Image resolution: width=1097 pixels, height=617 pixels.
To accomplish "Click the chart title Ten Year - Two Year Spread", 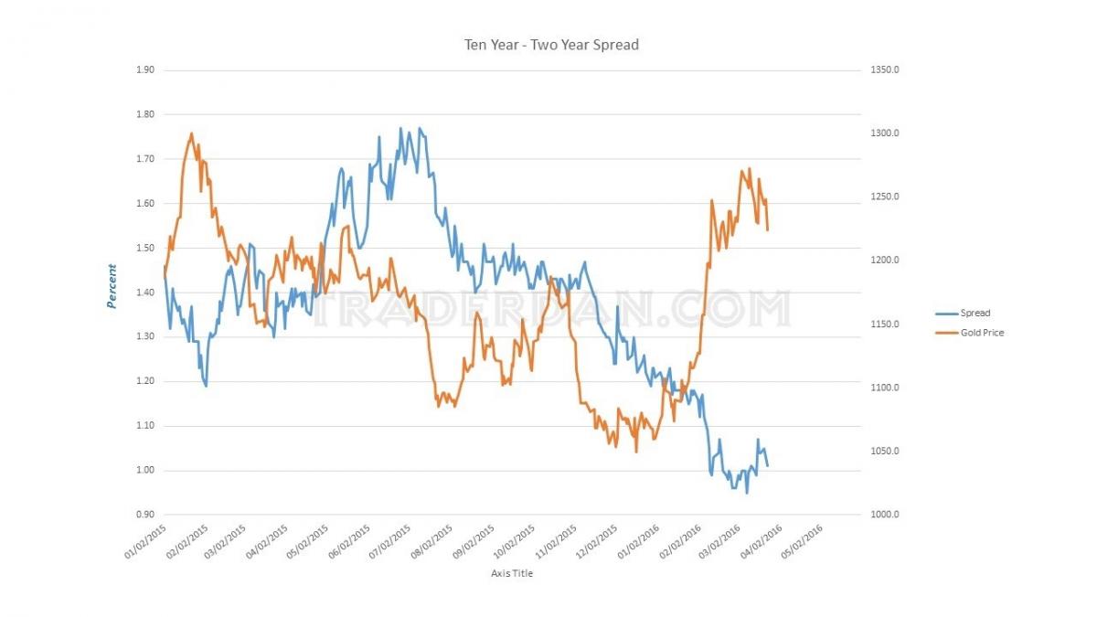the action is point(551,45).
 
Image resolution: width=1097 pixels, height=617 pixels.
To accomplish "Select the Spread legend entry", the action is point(963,313).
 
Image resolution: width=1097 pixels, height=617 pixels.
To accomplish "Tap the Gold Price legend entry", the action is point(970,333).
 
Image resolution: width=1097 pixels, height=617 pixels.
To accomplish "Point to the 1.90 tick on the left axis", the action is point(145,69).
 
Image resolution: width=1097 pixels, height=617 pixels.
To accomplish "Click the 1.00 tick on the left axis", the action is point(145,470).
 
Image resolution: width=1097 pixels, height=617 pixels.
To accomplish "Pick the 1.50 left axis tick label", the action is point(145,248).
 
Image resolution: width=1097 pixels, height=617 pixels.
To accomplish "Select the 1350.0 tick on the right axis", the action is point(885,69).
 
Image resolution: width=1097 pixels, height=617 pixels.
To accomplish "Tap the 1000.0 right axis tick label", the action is point(885,514).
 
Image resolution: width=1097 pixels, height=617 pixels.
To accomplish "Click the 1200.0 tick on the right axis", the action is point(885,260).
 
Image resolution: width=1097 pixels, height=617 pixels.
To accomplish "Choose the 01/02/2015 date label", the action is point(145,541).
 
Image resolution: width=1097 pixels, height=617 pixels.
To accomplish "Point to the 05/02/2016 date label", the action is point(803,541).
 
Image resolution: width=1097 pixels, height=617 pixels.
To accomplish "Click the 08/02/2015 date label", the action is point(431,541).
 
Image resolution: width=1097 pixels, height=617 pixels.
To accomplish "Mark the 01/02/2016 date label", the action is point(638,541).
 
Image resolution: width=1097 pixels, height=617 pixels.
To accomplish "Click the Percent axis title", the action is point(112,286).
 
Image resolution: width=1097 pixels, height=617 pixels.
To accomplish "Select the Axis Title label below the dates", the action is point(512,573).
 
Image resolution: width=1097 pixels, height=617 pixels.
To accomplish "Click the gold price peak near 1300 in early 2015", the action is point(191,133).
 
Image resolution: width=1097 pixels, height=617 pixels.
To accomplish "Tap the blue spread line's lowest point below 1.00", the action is point(747,493).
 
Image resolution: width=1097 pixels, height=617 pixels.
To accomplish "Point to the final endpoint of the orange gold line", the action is point(767,229).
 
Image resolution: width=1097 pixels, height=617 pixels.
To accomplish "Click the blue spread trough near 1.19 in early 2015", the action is point(207,387).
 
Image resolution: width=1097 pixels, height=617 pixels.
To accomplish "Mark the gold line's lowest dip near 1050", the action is point(636,452).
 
